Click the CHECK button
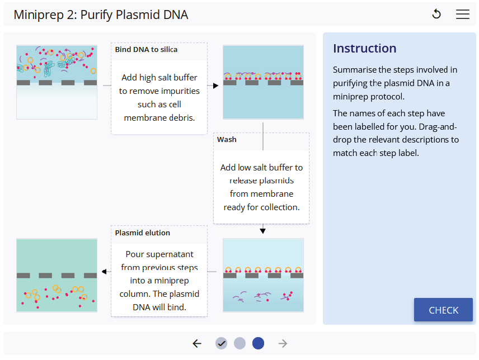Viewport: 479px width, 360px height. pos(443,310)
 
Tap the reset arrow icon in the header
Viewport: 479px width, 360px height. pos(436,15)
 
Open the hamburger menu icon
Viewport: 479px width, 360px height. pos(463,15)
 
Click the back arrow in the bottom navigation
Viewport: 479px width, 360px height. pos(196,343)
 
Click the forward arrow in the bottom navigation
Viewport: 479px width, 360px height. pos(283,343)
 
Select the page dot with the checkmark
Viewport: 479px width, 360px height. pos(221,343)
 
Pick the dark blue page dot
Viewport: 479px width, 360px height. pos(258,343)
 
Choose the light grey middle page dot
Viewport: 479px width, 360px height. pos(239,343)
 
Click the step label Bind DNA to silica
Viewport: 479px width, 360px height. pos(146,50)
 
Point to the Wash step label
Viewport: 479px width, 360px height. pos(227,140)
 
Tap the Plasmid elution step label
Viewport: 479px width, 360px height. pos(142,233)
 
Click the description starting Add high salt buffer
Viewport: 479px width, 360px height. pos(159,97)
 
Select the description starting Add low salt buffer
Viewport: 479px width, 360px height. pos(261,187)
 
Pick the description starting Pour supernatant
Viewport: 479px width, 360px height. pos(159,280)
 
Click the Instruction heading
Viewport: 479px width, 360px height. pos(364,49)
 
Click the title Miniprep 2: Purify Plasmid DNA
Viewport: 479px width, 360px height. pos(101,15)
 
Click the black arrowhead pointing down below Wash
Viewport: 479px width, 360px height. pos(262,231)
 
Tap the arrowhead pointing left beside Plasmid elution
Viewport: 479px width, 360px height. pos(104,272)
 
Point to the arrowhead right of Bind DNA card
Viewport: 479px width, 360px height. pos(215,86)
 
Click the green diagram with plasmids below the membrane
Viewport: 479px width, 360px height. pos(57,275)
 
